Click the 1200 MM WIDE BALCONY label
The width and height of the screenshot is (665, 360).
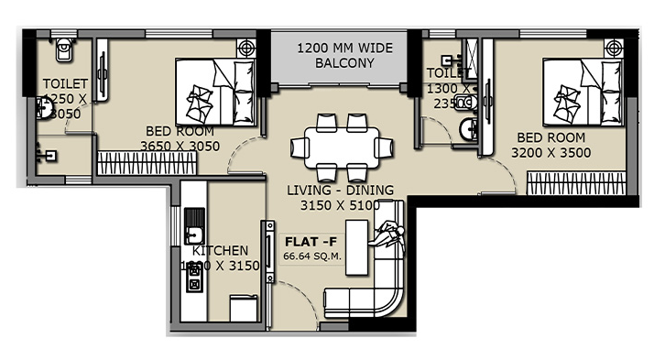332,56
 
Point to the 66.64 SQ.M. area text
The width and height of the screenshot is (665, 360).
312,256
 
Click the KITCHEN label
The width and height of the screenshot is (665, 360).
220,250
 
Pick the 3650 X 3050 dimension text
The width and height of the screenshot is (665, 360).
180,145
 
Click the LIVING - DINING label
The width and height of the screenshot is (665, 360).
340,191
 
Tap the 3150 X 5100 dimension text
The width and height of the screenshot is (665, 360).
340,205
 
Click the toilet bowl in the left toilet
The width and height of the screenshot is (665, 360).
63,49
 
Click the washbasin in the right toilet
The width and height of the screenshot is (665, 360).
468,130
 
